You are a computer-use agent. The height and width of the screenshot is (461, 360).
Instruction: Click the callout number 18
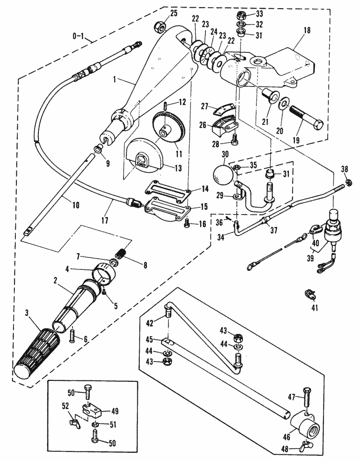click(x=307, y=30)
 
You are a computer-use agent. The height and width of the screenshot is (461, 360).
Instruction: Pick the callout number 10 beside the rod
click(x=75, y=205)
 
